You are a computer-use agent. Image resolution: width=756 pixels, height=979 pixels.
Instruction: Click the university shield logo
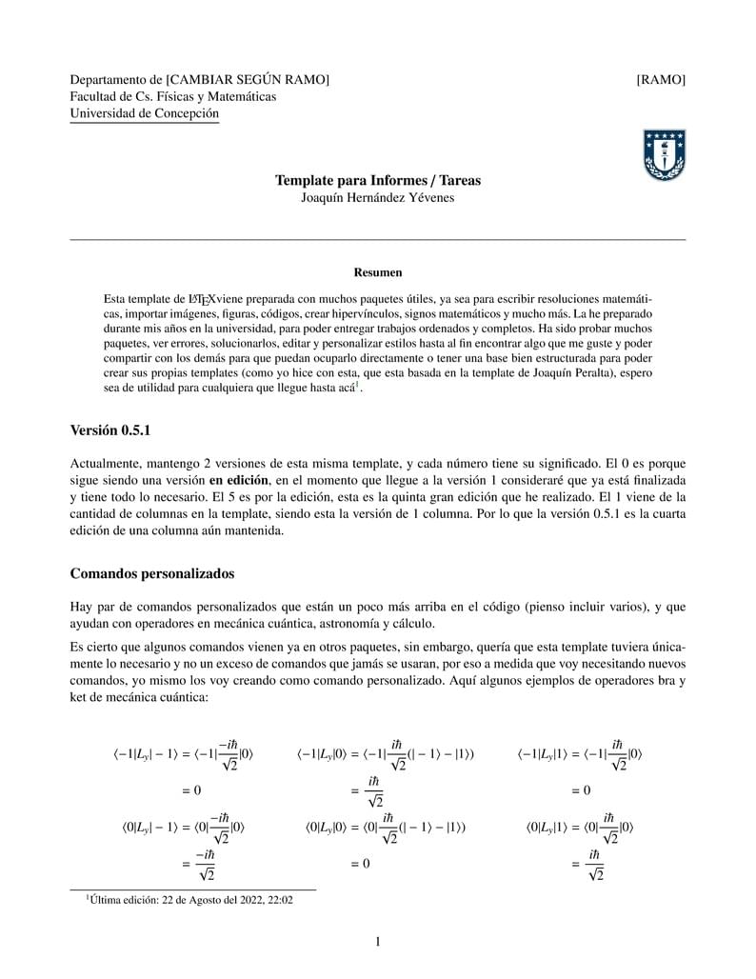(x=665, y=156)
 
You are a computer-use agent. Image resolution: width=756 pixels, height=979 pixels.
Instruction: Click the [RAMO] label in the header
(x=661, y=80)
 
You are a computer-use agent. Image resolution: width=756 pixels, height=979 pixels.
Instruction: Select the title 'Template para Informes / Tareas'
(x=378, y=181)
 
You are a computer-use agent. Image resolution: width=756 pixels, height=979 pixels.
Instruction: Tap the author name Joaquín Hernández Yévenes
(x=378, y=198)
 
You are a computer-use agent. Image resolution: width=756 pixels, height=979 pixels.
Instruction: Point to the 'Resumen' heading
(x=378, y=272)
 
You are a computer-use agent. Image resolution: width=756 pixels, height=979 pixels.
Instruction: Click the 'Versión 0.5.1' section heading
(x=110, y=430)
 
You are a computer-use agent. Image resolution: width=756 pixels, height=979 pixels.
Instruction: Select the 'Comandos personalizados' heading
(x=152, y=574)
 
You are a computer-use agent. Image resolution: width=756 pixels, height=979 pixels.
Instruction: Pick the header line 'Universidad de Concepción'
(x=145, y=114)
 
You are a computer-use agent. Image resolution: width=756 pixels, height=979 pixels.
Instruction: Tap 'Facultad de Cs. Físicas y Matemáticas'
(x=173, y=97)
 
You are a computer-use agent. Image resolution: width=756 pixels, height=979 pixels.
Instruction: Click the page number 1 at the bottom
(x=378, y=943)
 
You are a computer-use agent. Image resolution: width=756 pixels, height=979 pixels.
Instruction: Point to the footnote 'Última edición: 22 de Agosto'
(x=190, y=899)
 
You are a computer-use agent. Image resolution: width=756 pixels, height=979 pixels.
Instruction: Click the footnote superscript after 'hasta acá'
(x=358, y=385)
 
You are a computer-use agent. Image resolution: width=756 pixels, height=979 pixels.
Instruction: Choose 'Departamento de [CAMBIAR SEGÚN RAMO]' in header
(x=200, y=80)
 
